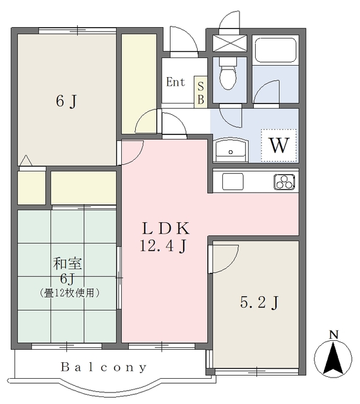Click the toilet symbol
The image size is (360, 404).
228,73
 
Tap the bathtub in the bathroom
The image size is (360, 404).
275,50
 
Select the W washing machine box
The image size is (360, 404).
279,145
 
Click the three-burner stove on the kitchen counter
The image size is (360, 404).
284,182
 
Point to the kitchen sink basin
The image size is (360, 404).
232,181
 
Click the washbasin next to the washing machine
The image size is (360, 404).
231,150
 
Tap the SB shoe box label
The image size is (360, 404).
201,93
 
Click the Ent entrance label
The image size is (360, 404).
176,82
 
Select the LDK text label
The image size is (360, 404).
166,229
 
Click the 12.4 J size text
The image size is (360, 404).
163,246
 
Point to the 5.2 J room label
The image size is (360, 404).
260,302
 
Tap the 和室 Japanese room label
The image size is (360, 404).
68,264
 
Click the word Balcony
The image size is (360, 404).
104,367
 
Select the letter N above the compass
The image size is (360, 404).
334,335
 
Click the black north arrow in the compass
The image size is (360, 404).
333,358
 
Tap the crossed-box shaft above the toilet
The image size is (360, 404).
230,43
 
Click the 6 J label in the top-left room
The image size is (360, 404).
66,101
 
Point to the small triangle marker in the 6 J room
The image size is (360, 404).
26,160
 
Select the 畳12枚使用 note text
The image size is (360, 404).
69,293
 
